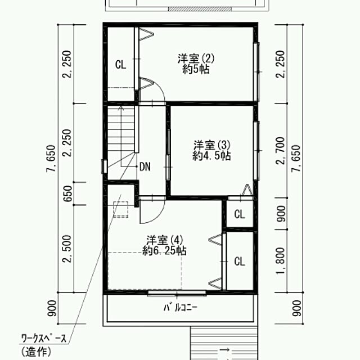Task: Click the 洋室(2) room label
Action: (x=196, y=58)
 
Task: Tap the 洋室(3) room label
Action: (x=211, y=145)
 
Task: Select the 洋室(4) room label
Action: (x=164, y=240)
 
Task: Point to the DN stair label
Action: (x=145, y=166)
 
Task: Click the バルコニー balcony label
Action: (x=181, y=307)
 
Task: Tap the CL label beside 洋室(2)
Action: (x=121, y=65)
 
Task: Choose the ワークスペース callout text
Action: (x=44, y=339)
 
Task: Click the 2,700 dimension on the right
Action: (x=281, y=150)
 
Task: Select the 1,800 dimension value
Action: (x=281, y=261)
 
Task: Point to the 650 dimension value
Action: (x=68, y=193)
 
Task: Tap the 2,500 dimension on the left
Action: (x=68, y=249)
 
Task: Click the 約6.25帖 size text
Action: (x=164, y=250)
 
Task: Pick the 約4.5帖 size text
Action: (x=211, y=156)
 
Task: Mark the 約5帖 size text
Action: (x=196, y=69)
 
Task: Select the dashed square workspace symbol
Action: (x=121, y=209)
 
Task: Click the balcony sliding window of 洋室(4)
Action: (x=177, y=292)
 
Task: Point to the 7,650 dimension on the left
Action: (x=51, y=159)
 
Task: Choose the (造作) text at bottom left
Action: (x=36, y=352)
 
